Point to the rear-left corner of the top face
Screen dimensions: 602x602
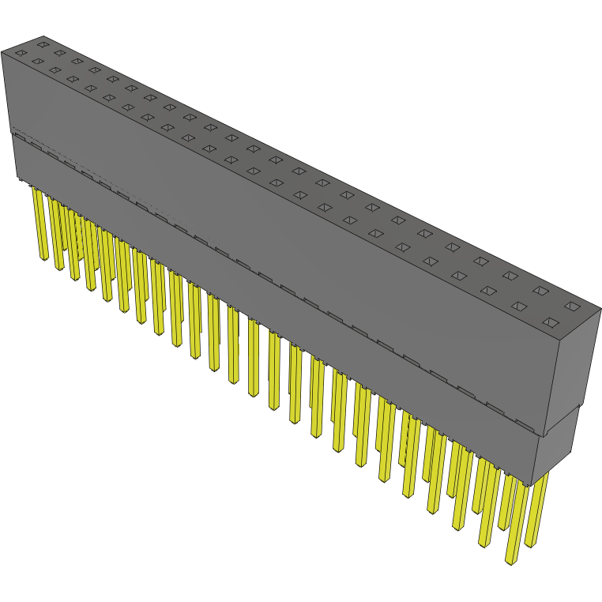click(43, 36)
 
